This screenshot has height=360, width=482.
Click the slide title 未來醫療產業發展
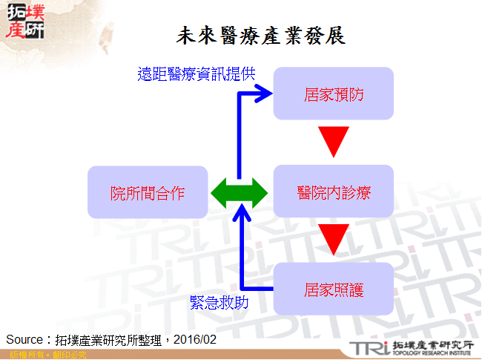[x=261, y=35]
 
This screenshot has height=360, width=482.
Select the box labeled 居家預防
[x=333, y=94]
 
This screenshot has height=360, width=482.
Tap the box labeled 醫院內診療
[x=333, y=192]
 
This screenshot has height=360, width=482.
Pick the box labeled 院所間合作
[x=147, y=193]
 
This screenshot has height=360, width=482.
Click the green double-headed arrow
[x=238, y=193]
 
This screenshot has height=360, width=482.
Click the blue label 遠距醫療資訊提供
[x=197, y=73]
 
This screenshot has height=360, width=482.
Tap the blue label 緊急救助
[x=219, y=302]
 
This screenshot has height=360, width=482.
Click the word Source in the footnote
[x=23, y=339]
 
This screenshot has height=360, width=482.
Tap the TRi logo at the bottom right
[x=368, y=347]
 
